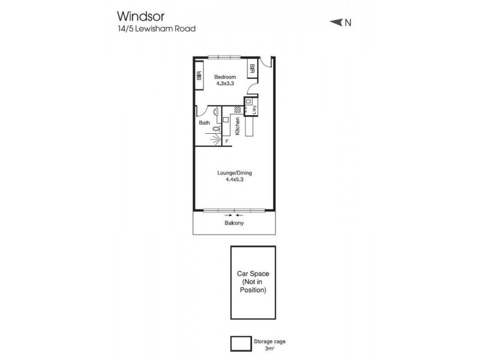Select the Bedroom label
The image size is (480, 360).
point(226,77)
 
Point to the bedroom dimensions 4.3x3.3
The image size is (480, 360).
point(226,84)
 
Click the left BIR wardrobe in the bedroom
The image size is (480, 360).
point(199,76)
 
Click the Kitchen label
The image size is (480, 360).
point(238,125)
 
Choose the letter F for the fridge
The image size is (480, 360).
point(227,142)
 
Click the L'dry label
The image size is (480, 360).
point(254,109)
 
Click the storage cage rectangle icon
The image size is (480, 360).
point(242,343)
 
